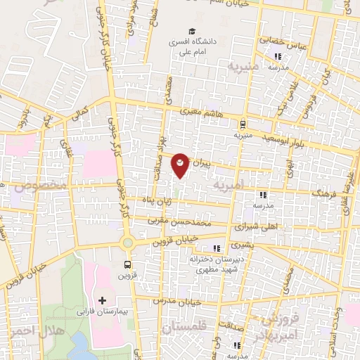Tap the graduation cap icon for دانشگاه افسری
point(191,32)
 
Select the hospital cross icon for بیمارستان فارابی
point(103,300)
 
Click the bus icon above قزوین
point(127,265)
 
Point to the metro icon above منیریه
point(243,121)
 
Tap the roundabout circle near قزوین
point(127,243)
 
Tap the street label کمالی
point(82,113)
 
